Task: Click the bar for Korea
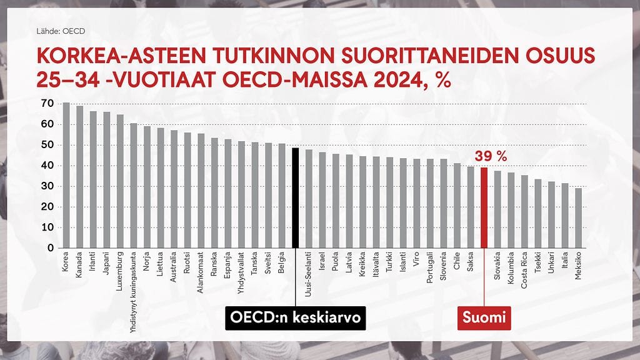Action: pos(66,175)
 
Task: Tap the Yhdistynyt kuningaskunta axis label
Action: pos(133,288)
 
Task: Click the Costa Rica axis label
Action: pos(524,269)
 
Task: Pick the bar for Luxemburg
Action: pos(119,181)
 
